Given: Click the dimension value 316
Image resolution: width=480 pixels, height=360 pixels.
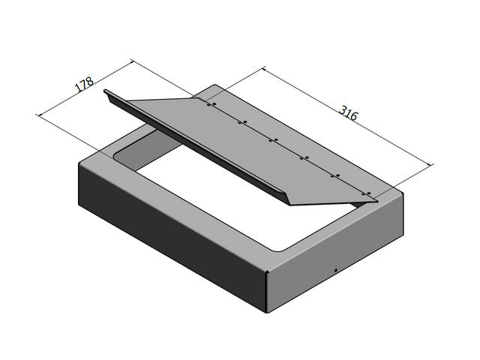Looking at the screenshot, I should coord(348,113).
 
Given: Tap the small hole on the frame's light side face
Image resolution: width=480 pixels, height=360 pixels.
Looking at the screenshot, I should coord(335,270).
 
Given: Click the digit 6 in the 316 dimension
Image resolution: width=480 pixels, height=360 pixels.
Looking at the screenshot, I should coord(355,117).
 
